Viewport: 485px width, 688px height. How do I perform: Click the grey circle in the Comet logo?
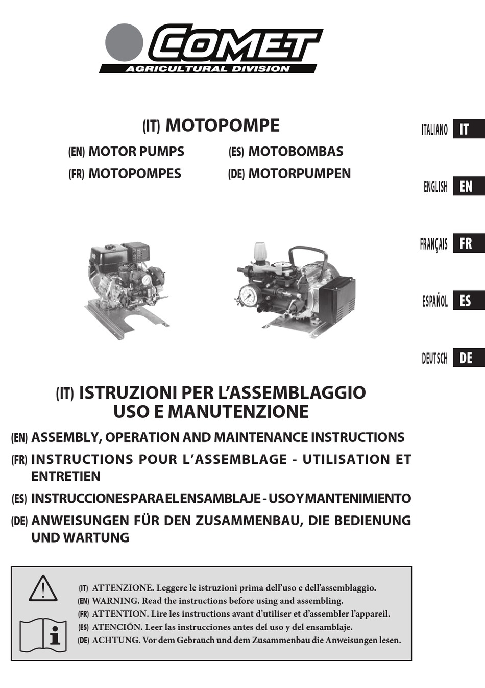coord(124,42)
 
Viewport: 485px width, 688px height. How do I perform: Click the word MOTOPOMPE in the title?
coord(223,126)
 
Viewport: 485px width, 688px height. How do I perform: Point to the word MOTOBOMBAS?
coord(295,152)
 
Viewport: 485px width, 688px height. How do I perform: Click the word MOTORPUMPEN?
coord(299,174)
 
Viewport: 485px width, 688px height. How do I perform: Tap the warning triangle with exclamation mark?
coord(43,588)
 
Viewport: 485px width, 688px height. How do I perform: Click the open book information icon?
coord(43,635)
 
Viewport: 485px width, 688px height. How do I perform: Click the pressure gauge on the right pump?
coord(249,296)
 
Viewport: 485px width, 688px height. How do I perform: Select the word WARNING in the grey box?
coord(115,601)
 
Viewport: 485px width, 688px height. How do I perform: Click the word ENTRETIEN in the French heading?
coord(66,476)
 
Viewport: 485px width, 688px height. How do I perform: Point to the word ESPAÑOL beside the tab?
coord(434,301)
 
